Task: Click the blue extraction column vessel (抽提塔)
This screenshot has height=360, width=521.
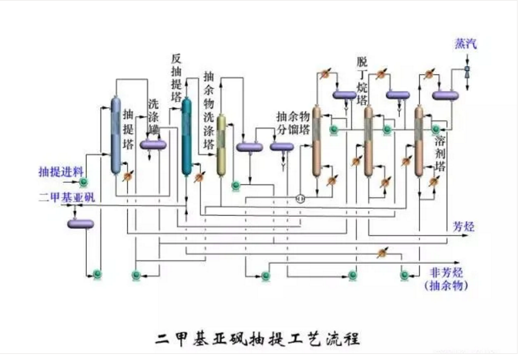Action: click(x=115, y=135)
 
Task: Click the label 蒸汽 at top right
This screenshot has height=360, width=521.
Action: click(x=465, y=44)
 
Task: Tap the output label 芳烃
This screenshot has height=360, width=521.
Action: click(x=464, y=227)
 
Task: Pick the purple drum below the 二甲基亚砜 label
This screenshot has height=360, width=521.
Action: click(x=81, y=223)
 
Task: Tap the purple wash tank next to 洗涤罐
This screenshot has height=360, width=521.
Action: click(x=153, y=143)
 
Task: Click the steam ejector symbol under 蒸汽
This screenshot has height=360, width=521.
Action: click(x=467, y=71)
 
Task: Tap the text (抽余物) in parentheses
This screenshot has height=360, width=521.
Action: click(x=445, y=286)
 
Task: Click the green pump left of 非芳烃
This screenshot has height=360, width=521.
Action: click(x=405, y=274)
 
